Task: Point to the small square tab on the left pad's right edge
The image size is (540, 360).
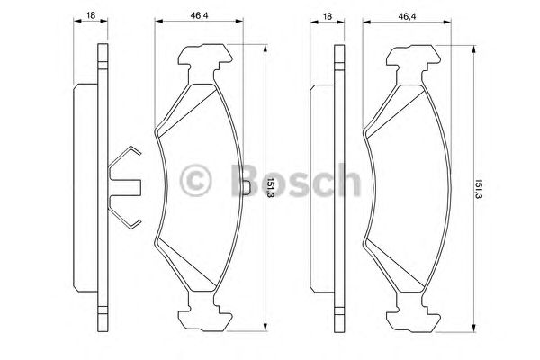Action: [247, 187]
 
